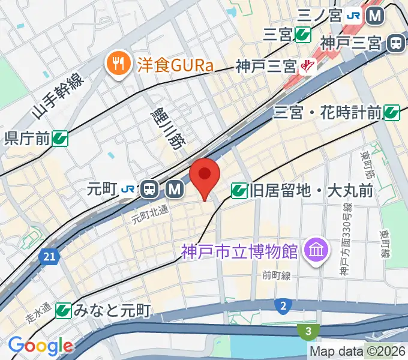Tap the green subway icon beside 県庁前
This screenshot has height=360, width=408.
click(x=59, y=139)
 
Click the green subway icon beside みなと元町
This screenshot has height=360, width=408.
click(x=64, y=310)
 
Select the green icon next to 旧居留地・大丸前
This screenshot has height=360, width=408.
click(x=239, y=191)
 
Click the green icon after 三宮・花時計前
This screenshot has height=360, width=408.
click(x=392, y=111)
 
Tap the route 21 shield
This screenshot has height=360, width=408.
click(x=50, y=257)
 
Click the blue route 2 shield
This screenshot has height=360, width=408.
click(x=281, y=307)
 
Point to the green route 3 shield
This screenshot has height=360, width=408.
click(x=307, y=331)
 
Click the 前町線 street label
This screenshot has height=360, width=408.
click(x=276, y=275)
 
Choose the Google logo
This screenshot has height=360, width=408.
click(x=40, y=346)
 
